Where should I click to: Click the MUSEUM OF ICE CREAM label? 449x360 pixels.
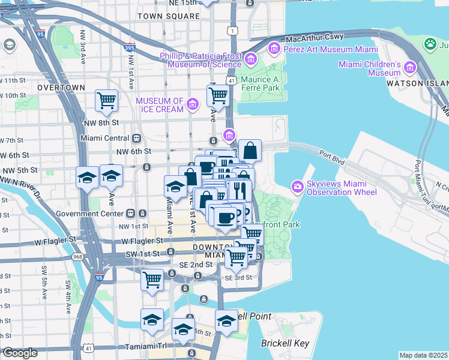(161, 105)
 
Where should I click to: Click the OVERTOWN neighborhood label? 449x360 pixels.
(61, 88)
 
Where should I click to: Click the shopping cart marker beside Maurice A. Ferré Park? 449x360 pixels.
(218, 95)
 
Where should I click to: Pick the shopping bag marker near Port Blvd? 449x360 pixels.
(250, 150)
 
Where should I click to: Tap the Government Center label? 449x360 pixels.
(89, 213)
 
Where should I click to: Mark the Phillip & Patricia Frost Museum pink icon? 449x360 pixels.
(251, 59)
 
